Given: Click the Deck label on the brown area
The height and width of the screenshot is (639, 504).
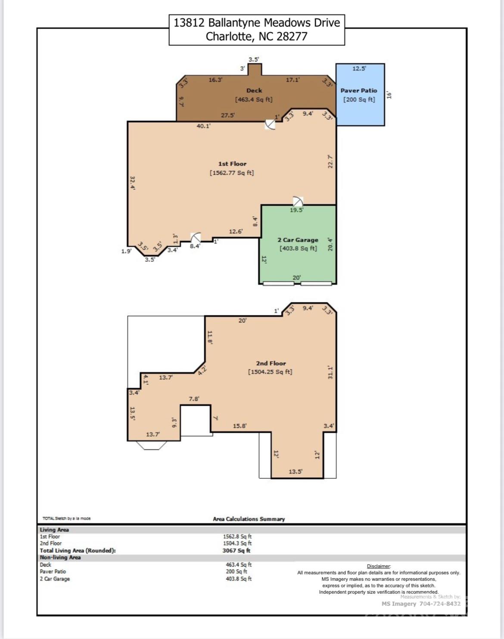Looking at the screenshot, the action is tap(254, 90).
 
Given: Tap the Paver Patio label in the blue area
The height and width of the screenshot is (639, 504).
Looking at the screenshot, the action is tap(359, 90).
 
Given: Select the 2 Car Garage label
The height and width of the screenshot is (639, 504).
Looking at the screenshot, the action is tap(298, 240).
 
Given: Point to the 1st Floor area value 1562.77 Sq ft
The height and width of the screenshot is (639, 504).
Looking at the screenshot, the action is tap(232, 173).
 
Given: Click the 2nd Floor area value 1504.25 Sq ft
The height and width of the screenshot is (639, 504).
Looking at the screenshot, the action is tap(270, 372).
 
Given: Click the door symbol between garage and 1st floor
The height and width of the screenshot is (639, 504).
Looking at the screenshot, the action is tap(298, 202).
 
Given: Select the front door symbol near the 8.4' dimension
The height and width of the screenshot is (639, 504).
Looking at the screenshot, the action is tap(196, 238).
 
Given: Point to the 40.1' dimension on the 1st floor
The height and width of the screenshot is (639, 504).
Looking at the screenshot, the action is tap(204, 126).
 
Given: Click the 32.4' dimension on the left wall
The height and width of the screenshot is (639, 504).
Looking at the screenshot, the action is tap(133, 183).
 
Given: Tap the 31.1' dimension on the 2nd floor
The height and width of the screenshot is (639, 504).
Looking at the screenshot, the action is tap(330, 372).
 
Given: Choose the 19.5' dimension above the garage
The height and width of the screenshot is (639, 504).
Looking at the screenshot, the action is tap(296, 210).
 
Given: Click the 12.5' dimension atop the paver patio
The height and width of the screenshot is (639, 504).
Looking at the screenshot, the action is tap(359, 68).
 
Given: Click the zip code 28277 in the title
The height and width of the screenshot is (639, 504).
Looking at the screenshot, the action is tap(292, 37).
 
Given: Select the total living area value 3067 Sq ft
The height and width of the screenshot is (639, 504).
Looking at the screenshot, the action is tap(236, 551).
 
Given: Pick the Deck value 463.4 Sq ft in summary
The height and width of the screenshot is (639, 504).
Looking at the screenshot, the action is tap(239, 565).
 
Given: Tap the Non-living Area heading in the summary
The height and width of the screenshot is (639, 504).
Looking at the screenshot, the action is tap(60, 557).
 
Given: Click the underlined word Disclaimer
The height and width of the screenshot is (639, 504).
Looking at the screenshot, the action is tap(379, 566).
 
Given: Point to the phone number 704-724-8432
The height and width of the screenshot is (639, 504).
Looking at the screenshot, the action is tap(440, 604).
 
